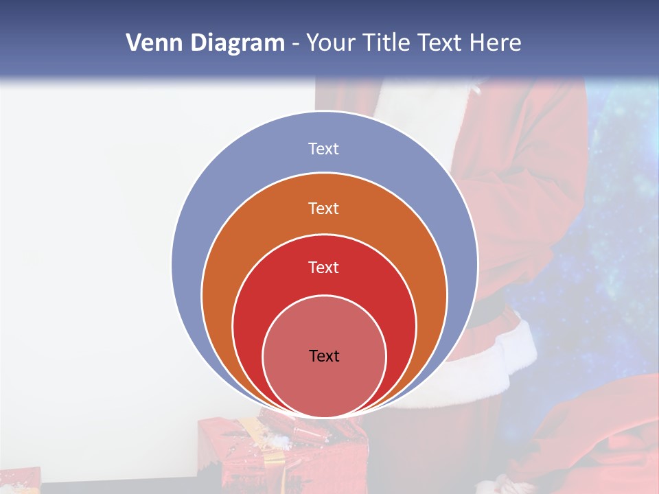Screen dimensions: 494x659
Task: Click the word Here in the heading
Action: pos(495,43)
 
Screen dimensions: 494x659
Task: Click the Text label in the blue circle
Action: pos(323,149)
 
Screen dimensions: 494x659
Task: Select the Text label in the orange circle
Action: pos(323,208)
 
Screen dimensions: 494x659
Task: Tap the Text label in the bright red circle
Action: pos(323,268)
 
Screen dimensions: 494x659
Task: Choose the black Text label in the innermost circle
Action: pos(324,356)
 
